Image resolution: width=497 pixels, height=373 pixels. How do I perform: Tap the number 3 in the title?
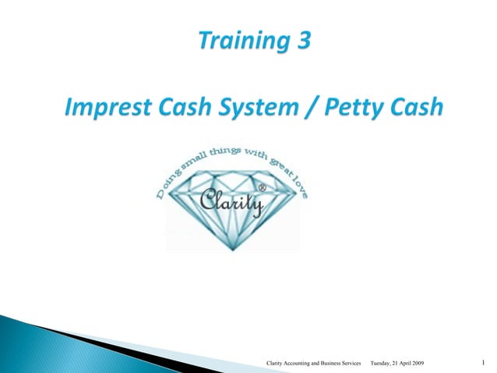coord(300,41)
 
